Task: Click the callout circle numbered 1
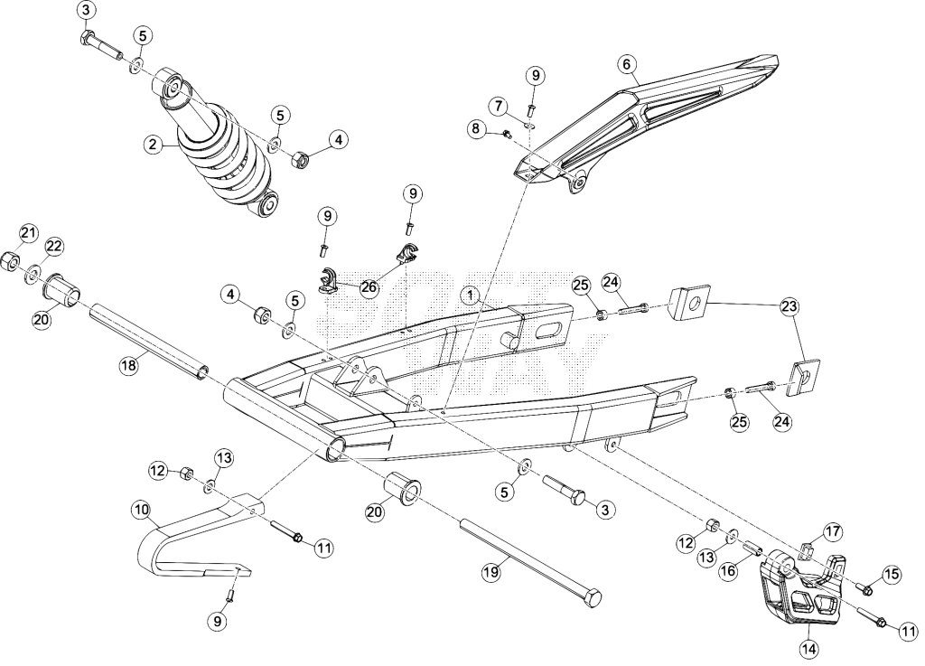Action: (471, 295)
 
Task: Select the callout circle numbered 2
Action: (154, 144)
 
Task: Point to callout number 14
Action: (809, 649)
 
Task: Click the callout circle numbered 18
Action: (128, 365)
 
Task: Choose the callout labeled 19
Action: (491, 571)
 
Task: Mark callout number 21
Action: (28, 233)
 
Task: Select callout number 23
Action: (790, 306)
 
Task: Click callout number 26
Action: (369, 287)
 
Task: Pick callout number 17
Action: (833, 531)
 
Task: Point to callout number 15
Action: (892, 575)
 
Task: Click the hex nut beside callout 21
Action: (10, 260)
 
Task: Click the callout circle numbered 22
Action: (53, 247)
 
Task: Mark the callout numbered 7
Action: (499, 107)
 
